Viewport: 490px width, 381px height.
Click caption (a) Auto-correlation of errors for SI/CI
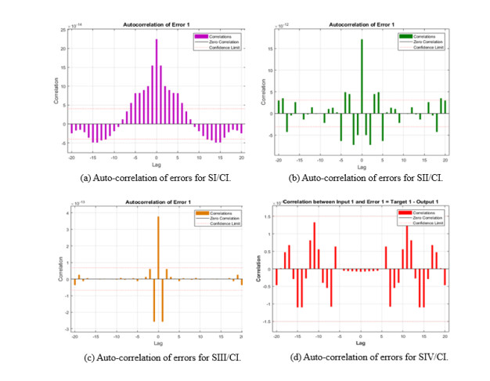156,178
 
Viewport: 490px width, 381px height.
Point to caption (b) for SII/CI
362,178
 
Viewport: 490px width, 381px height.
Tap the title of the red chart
361,201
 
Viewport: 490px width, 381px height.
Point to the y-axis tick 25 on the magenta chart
63,29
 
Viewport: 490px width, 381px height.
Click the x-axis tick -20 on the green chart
278,158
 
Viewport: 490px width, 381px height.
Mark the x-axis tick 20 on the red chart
445,336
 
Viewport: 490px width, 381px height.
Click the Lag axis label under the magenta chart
157,165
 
